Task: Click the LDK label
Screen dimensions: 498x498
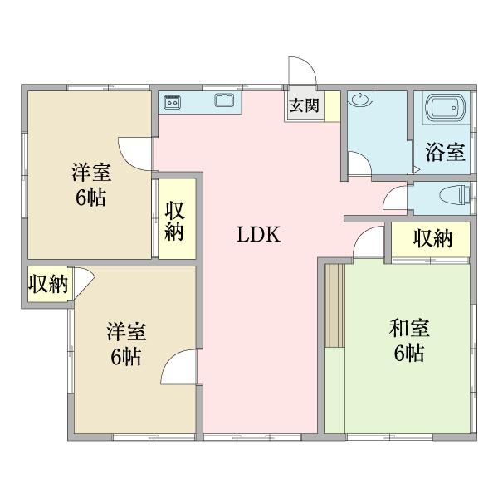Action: [x=260, y=235]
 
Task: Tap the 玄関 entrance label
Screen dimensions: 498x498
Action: [x=304, y=105]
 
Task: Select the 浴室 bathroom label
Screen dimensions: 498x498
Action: [x=445, y=152]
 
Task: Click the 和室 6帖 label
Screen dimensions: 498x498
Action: [x=407, y=340]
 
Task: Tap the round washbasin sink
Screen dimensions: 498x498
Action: [x=361, y=101]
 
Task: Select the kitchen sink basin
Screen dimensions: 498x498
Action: [x=224, y=102]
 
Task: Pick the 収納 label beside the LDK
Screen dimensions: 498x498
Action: [x=175, y=221]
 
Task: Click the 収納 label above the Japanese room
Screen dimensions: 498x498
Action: [x=432, y=239]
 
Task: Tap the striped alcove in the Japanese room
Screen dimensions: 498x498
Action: [x=334, y=305]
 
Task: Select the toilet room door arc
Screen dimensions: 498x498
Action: [x=395, y=198]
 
